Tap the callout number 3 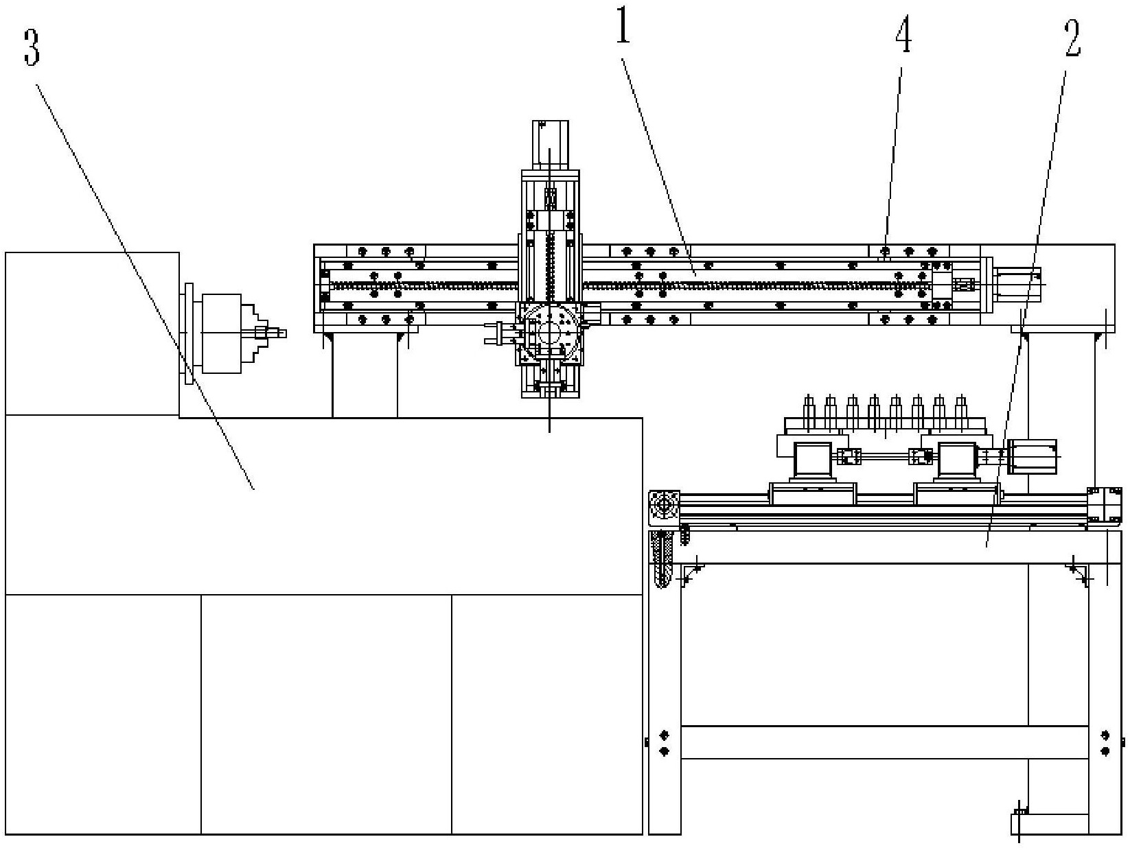pos(32,47)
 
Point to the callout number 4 pos(903,34)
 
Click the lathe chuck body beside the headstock pos(221,333)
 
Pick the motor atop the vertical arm pos(550,145)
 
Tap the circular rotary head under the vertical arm pos(550,331)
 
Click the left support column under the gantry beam pos(365,375)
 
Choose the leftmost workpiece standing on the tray pos(809,413)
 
